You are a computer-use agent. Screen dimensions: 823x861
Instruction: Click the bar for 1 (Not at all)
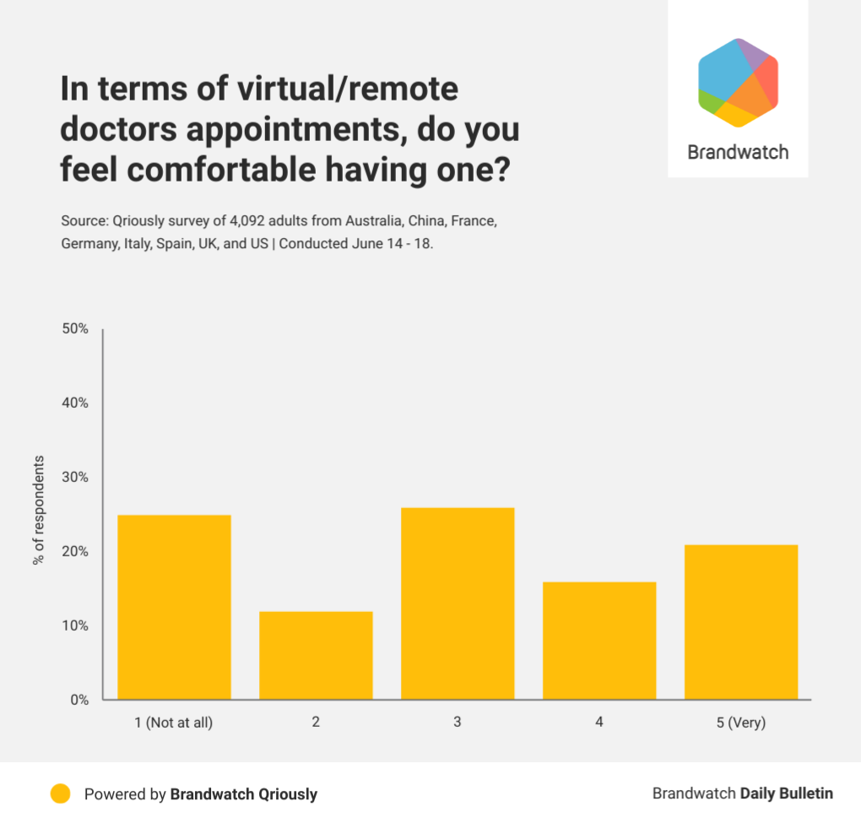click(174, 607)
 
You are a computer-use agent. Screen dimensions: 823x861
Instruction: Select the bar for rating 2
click(316, 655)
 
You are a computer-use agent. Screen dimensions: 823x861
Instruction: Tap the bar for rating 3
click(458, 604)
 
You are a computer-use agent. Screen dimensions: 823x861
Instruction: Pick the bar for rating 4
click(599, 641)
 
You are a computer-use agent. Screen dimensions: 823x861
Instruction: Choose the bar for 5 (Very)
click(741, 622)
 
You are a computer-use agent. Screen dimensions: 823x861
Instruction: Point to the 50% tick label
click(75, 328)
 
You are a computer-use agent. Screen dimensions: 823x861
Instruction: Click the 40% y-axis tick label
click(75, 403)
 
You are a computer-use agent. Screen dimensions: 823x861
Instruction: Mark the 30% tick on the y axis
click(75, 477)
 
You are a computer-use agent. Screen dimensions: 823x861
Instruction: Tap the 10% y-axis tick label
click(75, 625)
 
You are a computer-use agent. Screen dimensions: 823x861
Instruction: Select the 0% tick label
click(79, 700)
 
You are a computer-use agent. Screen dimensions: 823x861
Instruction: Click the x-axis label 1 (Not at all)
click(174, 723)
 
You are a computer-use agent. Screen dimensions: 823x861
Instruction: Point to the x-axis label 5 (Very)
click(741, 723)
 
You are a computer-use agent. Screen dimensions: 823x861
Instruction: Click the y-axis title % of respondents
click(39, 511)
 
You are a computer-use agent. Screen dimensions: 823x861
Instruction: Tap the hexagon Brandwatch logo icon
click(738, 83)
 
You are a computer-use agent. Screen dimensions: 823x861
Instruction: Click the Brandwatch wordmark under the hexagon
click(738, 153)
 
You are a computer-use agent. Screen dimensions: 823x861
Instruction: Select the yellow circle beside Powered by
click(60, 793)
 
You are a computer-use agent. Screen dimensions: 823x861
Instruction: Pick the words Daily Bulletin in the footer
click(787, 793)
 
